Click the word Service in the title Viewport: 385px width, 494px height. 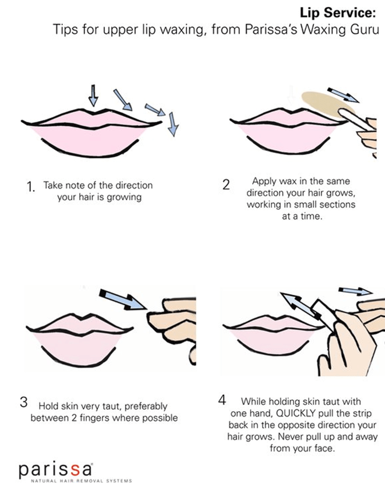click(x=349, y=13)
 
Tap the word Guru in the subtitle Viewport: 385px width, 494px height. click(x=365, y=30)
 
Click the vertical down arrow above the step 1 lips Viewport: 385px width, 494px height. click(x=93, y=96)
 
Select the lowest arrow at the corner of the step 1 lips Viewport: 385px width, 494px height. click(x=173, y=124)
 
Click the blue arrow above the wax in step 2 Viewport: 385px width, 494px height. click(x=344, y=95)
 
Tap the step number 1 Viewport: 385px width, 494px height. click(x=30, y=187)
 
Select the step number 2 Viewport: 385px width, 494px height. click(x=226, y=185)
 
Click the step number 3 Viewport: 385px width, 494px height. click(x=24, y=403)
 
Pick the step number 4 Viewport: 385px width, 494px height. click(x=222, y=400)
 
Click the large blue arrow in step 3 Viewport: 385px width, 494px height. click(x=124, y=299)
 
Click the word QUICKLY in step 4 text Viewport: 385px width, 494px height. click(x=296, y=413)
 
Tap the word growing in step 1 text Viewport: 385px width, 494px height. click(x=124, y=198)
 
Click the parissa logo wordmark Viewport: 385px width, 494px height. click(x=56, y=470)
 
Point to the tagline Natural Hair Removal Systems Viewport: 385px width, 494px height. click(x=82, y=481)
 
